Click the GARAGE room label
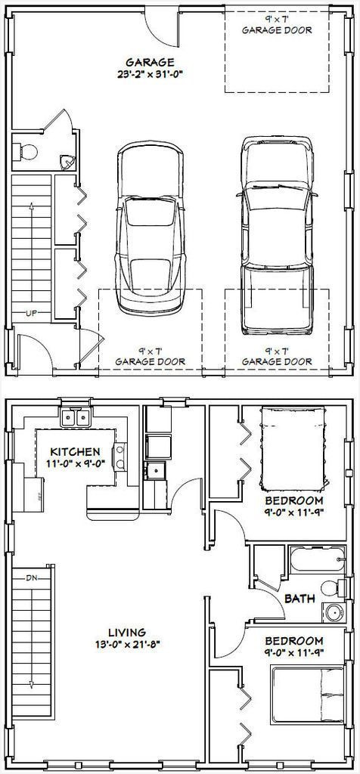click(150, 62)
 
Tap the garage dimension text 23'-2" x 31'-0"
click(150, 75)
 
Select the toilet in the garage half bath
click(26, 151)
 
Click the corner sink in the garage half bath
click(67, 162)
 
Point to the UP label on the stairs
click(30, 312)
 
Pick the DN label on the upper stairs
click(32, 577)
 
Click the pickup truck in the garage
click(277, 235)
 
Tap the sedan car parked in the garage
click(150, 228)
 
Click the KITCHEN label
click(76, 452)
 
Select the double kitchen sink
click(76, 417)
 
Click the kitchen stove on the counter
click(119, 456)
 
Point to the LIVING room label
click(127, 632)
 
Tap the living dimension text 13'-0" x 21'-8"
click(127, 644)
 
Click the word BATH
click(299, 599)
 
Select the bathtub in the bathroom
click(318, 560)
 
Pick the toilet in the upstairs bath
click(334, 588)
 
